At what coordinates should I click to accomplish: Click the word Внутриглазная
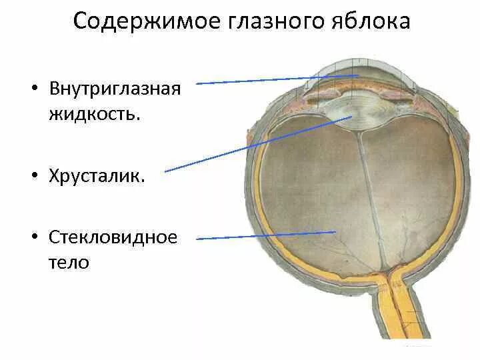click(x=115, y=89)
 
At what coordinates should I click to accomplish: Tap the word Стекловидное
click(x=113, y=238)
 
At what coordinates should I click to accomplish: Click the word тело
click(x=69, y=262)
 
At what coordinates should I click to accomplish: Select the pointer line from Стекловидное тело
click(x=267, y=235)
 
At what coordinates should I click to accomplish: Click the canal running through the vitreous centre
click(x=370, y=200)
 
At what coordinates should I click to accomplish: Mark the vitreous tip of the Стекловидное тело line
click(x=335, y=232)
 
